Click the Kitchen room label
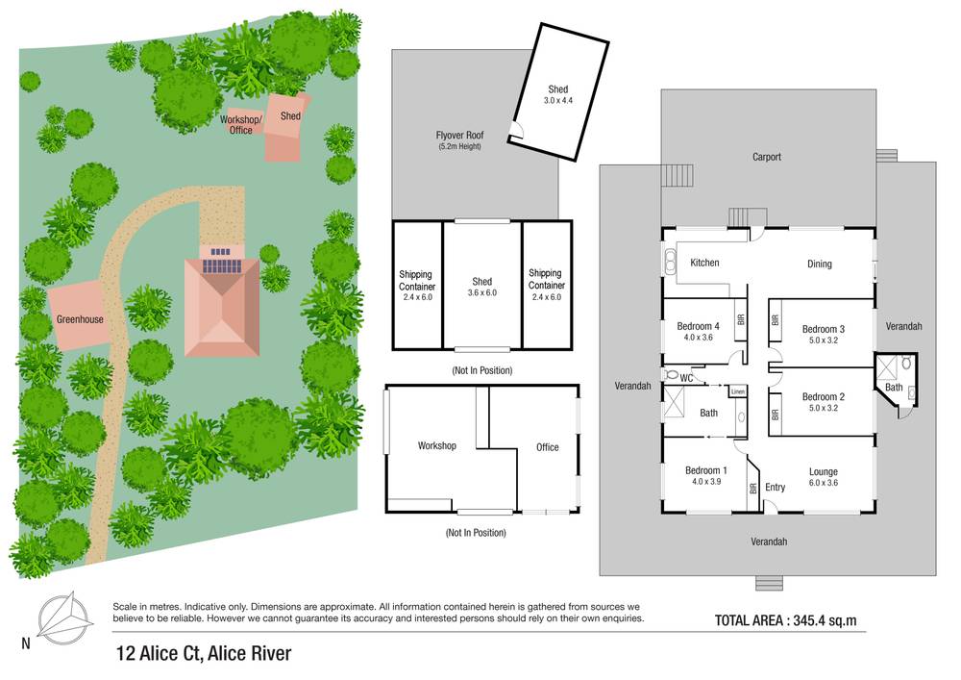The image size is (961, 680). tap(704, 263)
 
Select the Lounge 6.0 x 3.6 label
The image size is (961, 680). tap(823, 477)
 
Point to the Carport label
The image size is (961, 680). tap(766, 157)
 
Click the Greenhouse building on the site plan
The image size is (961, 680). tap(79, 318)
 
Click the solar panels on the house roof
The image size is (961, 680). tap(222, 265)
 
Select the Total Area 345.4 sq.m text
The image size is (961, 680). tap(785, 620)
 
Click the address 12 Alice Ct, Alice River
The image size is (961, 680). tap(203, 654)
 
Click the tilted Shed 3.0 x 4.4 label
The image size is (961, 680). tap(557, 93)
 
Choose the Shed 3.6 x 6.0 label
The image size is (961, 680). tap(481, 287)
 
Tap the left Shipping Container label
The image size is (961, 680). tap(417, 286)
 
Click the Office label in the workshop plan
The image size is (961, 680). tap(547, 446)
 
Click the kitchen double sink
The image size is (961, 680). tap(668, 261)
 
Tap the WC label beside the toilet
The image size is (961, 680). tap(686, 378)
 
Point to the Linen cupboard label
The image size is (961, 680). tap(737, 391)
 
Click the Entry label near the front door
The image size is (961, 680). tap(775, 487)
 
